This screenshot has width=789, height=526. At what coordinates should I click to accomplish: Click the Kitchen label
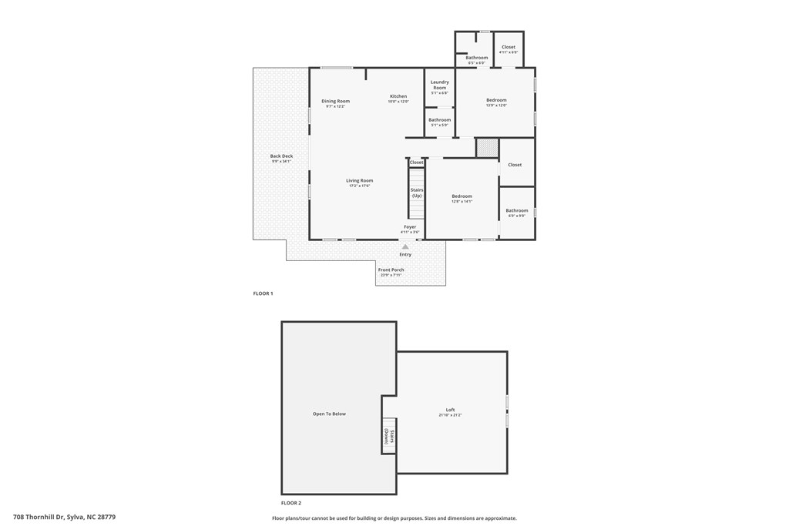398,96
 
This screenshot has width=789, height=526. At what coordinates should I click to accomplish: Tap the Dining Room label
335,101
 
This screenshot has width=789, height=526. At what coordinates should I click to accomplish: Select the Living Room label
359,181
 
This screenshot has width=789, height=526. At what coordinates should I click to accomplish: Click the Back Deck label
281,156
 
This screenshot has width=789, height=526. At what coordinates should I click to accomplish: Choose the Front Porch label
391,270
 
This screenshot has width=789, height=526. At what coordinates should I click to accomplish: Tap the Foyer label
410,227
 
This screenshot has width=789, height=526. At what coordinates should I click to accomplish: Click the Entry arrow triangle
405,246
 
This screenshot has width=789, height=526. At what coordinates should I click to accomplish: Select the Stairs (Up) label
416,193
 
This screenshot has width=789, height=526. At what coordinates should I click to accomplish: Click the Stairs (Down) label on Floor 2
389,437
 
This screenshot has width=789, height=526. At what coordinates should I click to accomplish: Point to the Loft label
450,410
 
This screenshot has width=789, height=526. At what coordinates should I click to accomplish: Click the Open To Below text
329,414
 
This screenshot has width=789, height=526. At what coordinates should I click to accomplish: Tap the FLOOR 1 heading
263,293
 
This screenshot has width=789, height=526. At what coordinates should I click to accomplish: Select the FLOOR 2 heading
290,502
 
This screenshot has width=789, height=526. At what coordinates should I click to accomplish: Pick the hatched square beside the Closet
487,148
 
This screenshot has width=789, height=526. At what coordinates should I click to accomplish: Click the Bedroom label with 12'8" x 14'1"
462,196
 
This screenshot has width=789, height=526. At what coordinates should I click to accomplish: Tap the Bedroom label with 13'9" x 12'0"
496,100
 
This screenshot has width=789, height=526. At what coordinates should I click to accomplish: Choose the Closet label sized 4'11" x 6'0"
508,48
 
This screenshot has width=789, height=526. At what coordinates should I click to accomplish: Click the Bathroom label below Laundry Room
439,120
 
